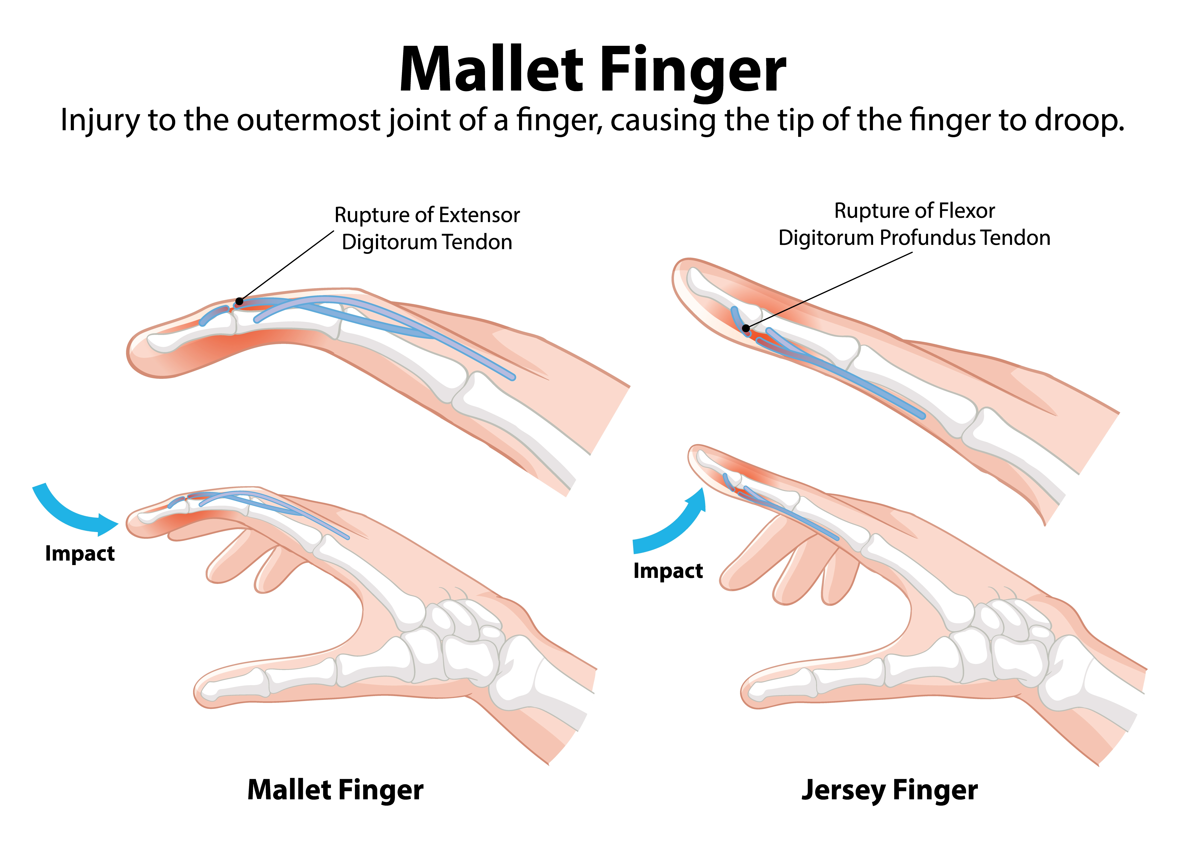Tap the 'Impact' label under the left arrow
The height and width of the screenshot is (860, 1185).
pos(80,553)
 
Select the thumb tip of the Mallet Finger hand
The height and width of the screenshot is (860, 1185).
pos(209,692)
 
